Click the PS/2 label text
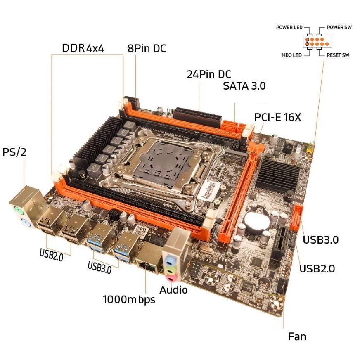click(x=14, y=152)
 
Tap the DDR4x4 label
click(x=83, y=48)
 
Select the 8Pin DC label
click(x=147, y=48)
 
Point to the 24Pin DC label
click(x=208, y=75)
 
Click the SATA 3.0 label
click(x=244, y=86)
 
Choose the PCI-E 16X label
click(x=277, y=117)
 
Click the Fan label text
click(x=297, y=336)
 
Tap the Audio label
click(x=173, y=290)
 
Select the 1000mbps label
click(x=129, y=299)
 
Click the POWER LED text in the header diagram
click(x=289, y=28)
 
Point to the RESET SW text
click(x=338, y=55)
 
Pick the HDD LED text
click(x=291, y=55)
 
